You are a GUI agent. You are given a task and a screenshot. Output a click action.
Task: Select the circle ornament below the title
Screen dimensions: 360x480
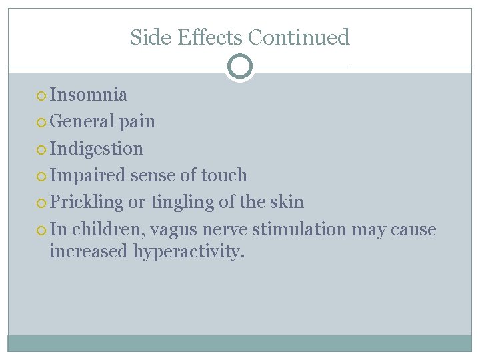[x=239, y=67]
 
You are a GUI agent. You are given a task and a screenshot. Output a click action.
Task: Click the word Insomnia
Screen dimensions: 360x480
[x=89, y=95]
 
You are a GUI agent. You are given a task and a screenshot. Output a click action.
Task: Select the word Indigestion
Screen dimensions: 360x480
[x=97, y=148]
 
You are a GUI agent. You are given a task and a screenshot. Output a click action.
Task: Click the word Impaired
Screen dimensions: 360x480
[x=87, y=175]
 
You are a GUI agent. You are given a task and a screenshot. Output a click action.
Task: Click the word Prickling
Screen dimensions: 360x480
[x=87, y=202]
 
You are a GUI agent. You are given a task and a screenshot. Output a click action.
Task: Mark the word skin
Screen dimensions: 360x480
[x=288, y=202]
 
